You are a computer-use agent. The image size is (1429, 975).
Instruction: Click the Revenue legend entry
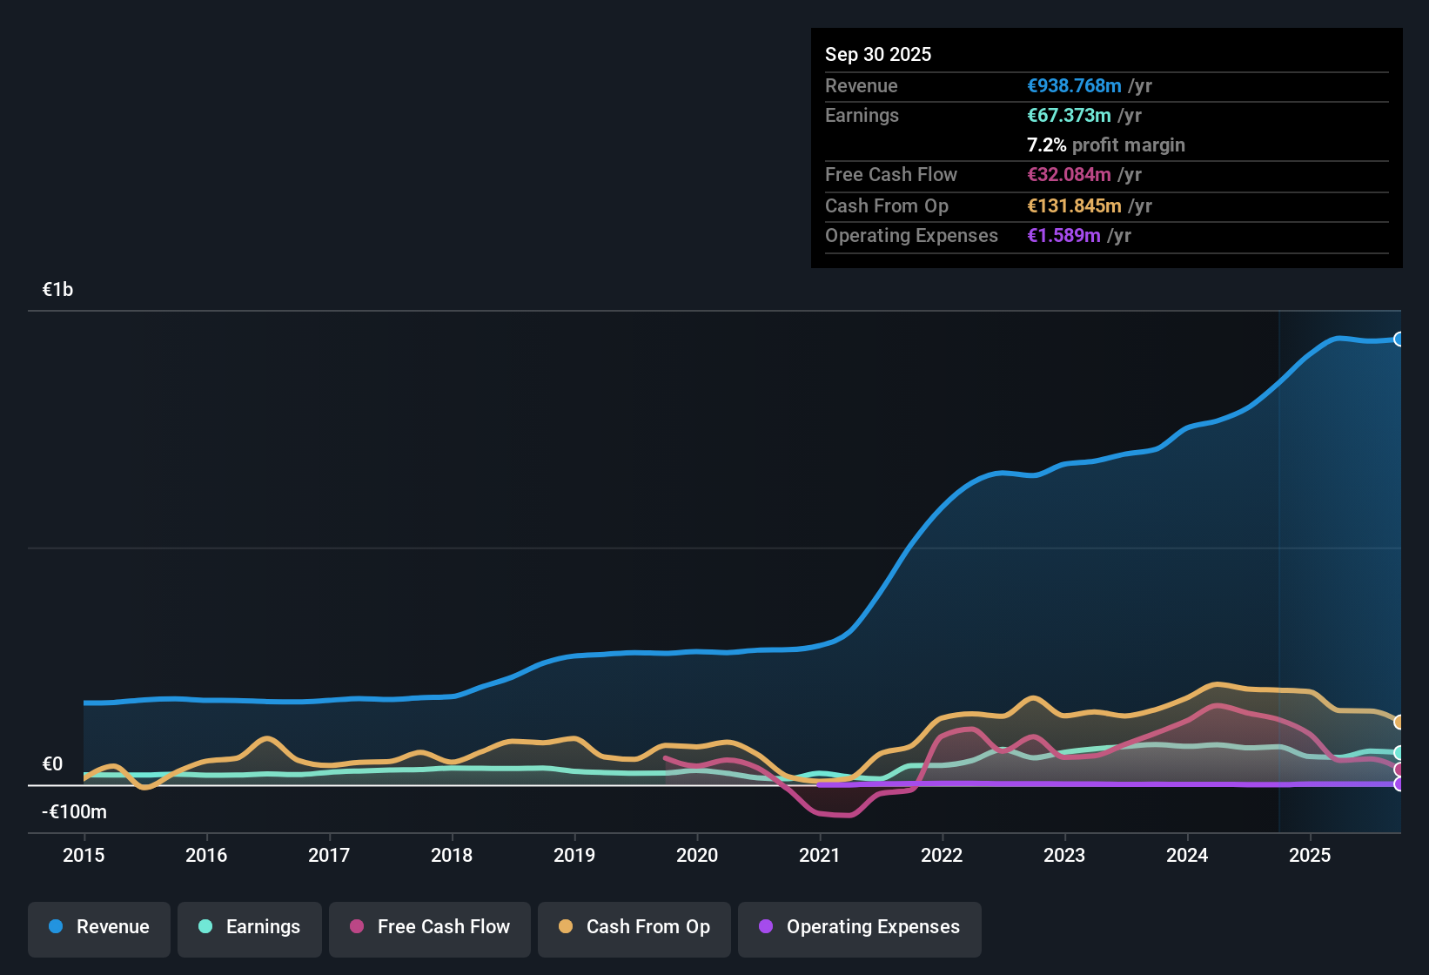[x=99, y=927]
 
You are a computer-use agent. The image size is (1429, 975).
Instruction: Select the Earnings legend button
[x=250, y=927]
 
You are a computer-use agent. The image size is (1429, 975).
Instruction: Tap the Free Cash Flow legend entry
[x=430, y=927]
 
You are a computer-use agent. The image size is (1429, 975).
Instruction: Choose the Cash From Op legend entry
[x=634, y=927]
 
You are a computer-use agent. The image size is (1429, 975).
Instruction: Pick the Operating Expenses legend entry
[x=860, y=927]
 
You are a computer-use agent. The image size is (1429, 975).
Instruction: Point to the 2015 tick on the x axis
[x=84, y=855]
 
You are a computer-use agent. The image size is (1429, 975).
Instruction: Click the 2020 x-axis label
[x=697, y=855]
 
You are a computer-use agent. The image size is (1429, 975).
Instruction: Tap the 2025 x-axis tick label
[x=1310, y=855]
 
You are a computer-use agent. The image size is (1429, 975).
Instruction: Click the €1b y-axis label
[x=57, y=290]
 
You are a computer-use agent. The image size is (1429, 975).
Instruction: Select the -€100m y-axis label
[x=75, y=812]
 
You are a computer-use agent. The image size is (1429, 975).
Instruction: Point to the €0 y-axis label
[x=52, y=764]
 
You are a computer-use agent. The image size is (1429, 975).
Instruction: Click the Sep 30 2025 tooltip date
[x=878, y=54]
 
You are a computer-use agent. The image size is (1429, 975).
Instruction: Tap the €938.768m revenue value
[x=1074, y=85]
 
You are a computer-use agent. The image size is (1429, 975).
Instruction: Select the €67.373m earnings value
[x=1069, y=115]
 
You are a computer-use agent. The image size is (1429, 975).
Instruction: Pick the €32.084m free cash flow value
[x=1069, y=175]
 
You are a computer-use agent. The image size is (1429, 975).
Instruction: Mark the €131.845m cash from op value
[x=1074, y=206]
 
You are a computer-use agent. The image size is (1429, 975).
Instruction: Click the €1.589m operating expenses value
[x=1063, y=236]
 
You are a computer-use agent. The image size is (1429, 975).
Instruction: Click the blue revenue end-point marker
[x=1399, y=340]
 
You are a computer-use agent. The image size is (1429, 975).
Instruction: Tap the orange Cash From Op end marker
[x=1399, y=722]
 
